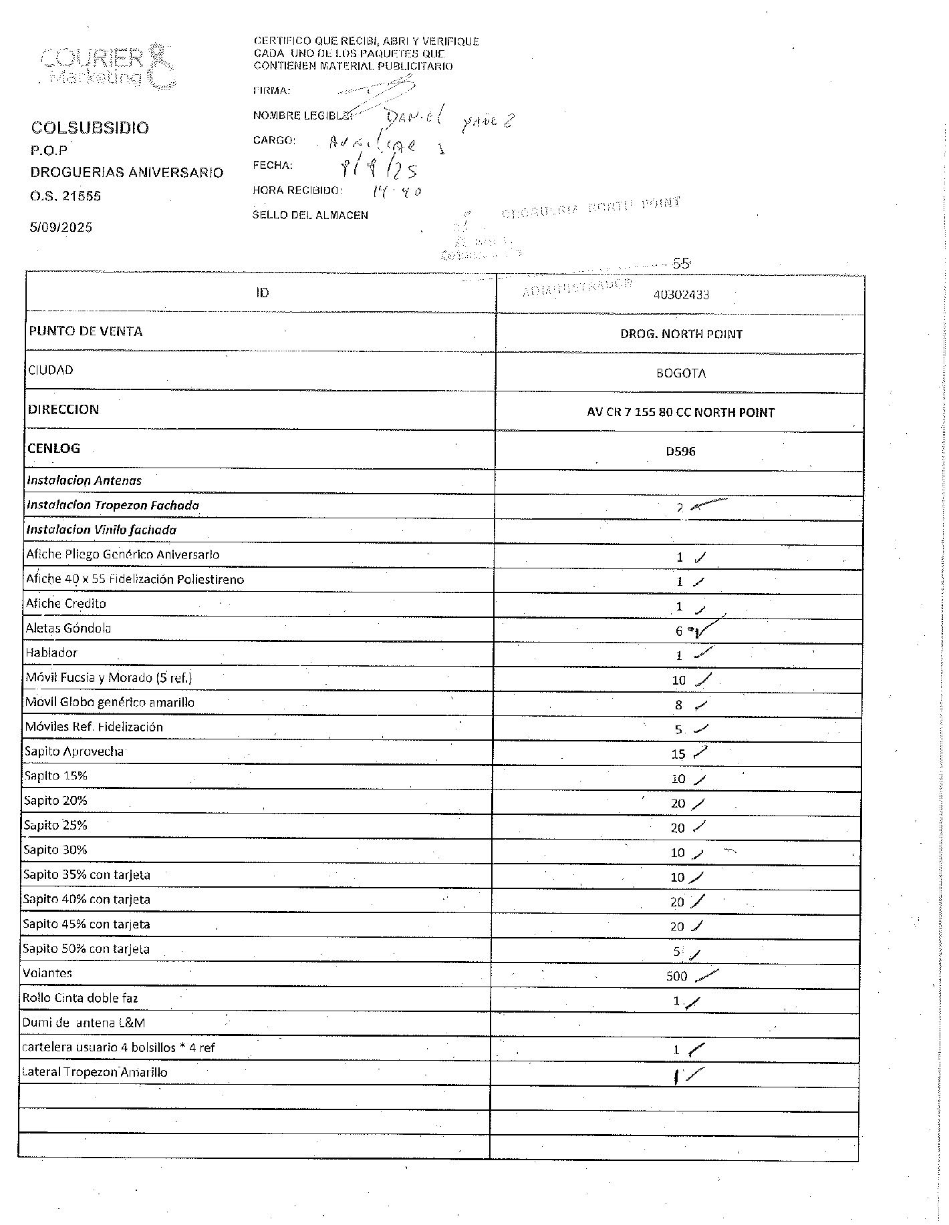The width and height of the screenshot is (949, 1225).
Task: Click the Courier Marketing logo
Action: point(107,67)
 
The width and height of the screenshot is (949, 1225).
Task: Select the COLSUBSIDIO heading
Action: point(90,128)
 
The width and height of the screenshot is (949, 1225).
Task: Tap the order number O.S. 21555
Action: point(65,196)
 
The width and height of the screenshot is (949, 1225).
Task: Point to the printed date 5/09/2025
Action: point(61,227)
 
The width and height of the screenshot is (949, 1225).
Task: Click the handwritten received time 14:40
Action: point(396,192)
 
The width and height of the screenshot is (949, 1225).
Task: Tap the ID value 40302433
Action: point(681,295)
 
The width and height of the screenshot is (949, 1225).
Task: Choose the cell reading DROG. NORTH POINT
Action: point(681,334)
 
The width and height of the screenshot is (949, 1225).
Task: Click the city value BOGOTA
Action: point(681,373)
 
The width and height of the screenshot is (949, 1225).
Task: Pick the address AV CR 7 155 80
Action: point(680,413)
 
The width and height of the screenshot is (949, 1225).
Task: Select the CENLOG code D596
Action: point(680,452)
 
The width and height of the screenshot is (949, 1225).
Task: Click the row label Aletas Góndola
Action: point(68,628)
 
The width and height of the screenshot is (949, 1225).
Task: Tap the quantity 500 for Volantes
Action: point(676,977)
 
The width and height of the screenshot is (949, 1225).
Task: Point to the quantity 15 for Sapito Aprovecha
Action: point(678,754)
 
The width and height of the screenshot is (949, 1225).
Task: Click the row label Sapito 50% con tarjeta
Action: point(86,949)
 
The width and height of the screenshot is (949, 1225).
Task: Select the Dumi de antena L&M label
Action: point(84,1023)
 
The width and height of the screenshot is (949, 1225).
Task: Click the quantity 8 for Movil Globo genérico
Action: point(678,705)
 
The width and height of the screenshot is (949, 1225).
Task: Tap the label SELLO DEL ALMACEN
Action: point(310,215)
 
